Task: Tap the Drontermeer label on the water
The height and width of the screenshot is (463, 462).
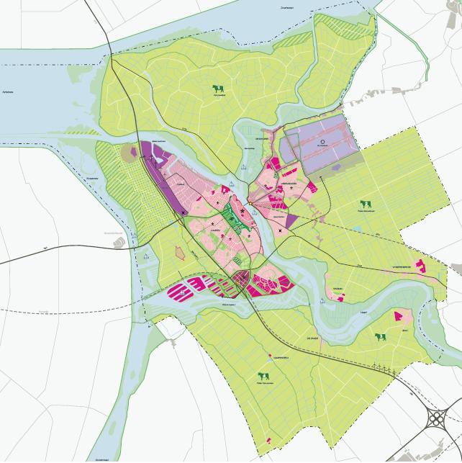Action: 286,6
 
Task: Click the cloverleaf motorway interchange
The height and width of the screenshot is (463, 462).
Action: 438,419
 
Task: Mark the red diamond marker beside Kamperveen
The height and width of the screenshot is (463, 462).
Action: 269,355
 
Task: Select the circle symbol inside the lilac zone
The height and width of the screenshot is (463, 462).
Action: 323,142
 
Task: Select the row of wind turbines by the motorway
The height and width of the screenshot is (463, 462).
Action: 382,370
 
